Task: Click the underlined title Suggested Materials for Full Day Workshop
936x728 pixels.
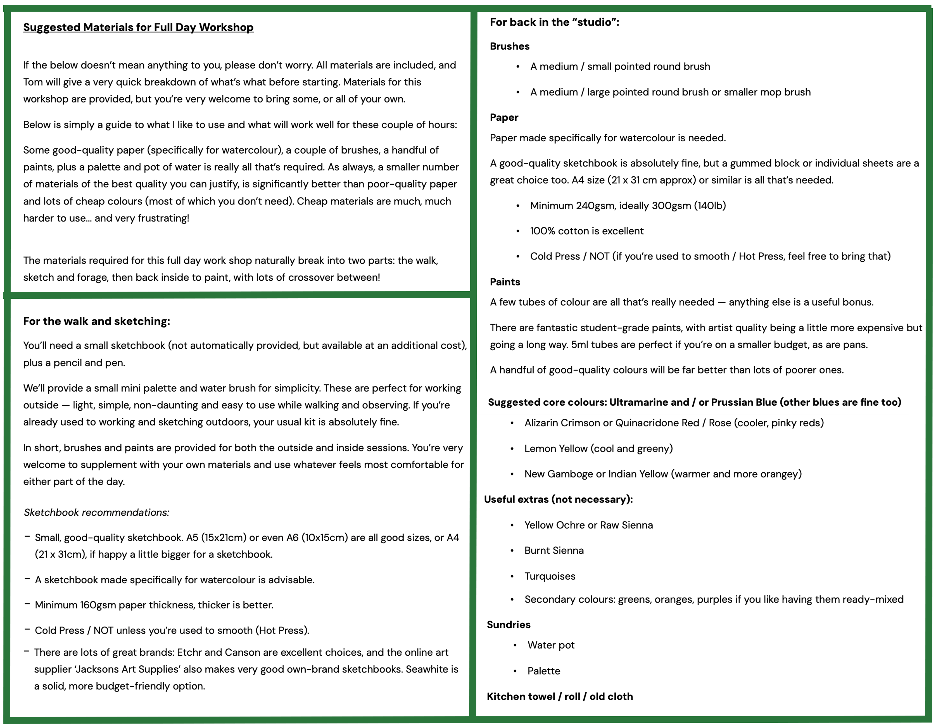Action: (138, 27)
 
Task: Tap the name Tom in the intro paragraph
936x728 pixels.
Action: (33, 82)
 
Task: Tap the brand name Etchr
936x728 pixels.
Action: (189, 653)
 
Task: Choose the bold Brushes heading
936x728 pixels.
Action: (510, 46)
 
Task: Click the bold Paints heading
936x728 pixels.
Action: (505, 282)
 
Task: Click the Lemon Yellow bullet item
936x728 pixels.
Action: (598, 449)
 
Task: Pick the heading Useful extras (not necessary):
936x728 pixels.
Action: (558, 499)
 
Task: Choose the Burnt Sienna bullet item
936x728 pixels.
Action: (554, 551)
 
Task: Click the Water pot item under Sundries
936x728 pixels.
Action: (551, 645)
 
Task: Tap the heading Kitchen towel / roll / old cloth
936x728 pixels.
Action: (560, 697)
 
